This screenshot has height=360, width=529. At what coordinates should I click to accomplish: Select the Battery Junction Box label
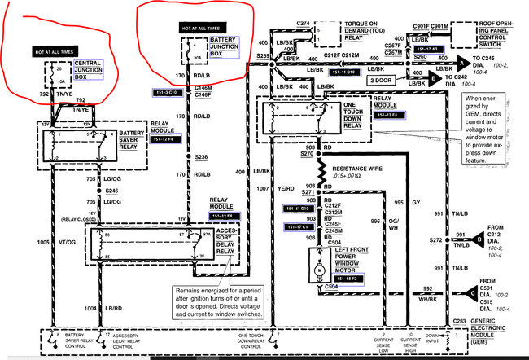[x=223, y=42]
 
